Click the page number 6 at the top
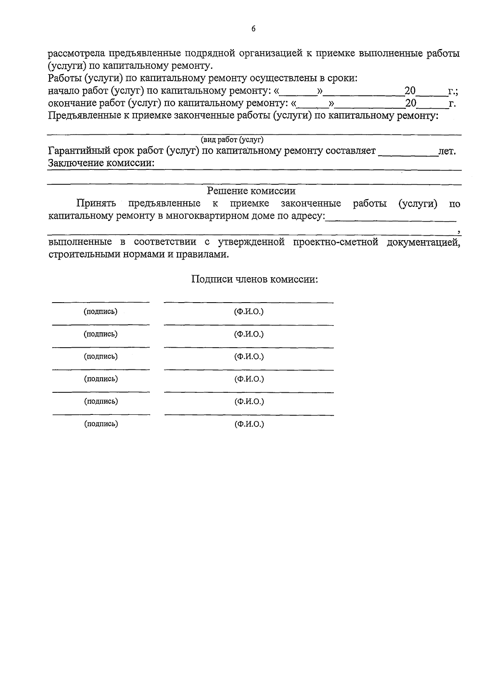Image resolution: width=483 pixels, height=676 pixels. (253, 29)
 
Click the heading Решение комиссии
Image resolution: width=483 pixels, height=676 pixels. (251, 191)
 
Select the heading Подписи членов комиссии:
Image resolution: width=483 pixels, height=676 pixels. (254, 279)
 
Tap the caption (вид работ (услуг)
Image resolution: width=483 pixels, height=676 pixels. (232, 140)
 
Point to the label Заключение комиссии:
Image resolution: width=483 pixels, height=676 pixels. (101, 163)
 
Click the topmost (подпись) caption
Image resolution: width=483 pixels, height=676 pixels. (101, 311)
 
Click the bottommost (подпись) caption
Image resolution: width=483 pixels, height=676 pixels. (101, 424)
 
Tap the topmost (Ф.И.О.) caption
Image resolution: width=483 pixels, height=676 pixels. (249, 311)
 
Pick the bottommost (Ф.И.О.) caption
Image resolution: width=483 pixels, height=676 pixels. (249, 424)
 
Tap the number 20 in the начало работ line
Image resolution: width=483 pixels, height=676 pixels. (410, 91)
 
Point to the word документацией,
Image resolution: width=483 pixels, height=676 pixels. (423, 242)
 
